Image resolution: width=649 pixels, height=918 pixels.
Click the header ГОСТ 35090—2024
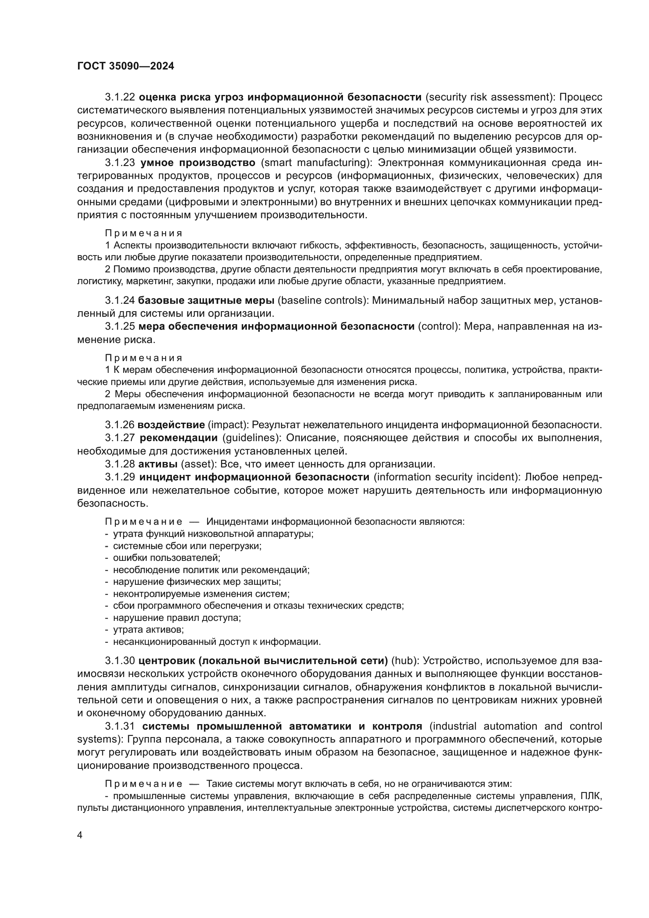click(x=126, y=66)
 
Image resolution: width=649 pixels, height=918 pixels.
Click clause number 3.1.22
click(x=120, y=97)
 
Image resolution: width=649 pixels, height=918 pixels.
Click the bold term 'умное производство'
click(x=198, y=163)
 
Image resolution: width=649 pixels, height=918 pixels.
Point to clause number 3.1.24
click(x=120, y=300)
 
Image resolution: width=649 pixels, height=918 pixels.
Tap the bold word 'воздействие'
click(x=171, y=425)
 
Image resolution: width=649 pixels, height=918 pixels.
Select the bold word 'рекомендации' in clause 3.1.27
click(x=179, y=438)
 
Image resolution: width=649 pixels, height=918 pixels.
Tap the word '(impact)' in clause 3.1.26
click(x=226, y=425)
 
